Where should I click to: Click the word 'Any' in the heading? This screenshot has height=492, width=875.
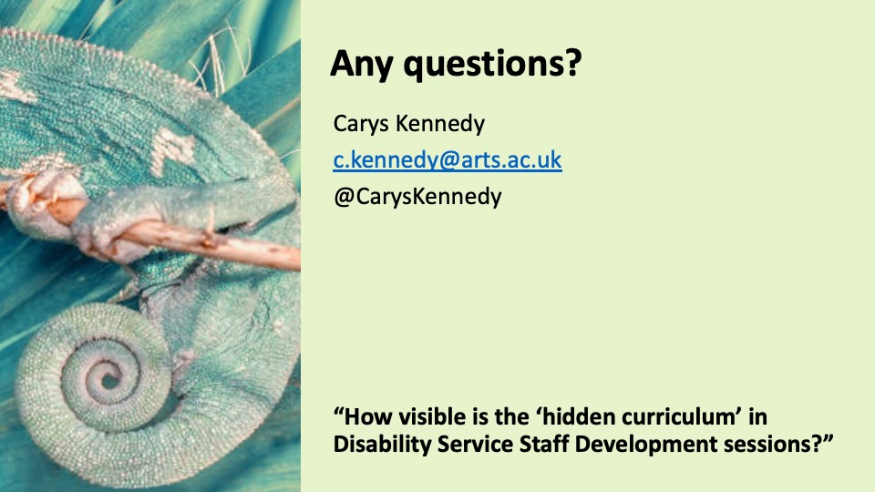tap(362, 64)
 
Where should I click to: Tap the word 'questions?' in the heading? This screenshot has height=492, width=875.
tap(493, 64)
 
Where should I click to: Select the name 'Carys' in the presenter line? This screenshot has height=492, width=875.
tap(361, 124)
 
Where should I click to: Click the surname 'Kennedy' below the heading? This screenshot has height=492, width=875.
tap(439, 124)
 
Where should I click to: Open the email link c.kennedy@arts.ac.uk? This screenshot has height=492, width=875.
tap(448, 160)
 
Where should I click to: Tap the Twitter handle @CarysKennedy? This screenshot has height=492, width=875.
tap(417, 197)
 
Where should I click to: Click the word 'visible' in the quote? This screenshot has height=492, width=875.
tap(430, 416)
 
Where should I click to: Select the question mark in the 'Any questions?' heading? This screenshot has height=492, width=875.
tap(573, 63)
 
